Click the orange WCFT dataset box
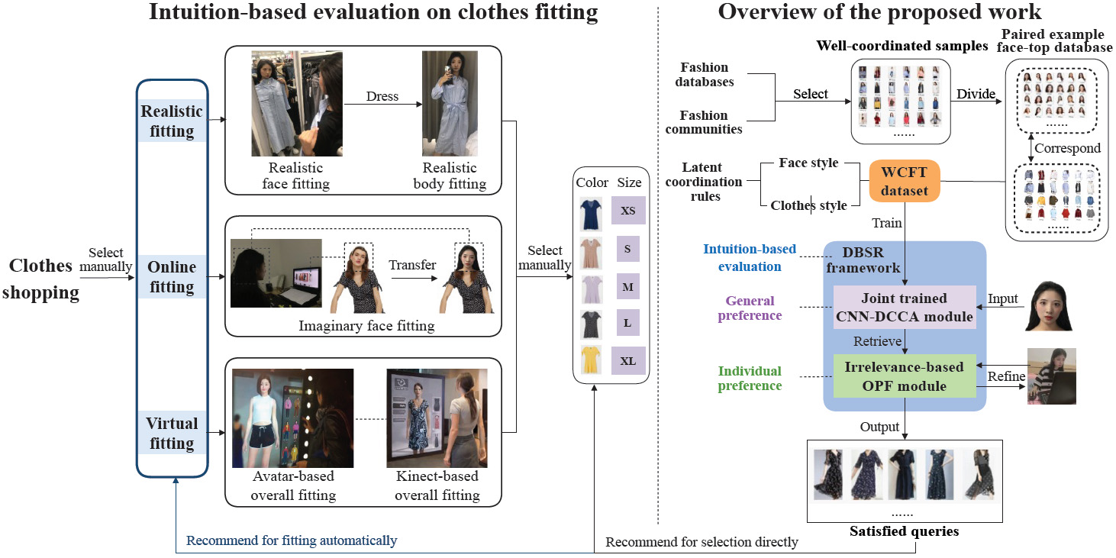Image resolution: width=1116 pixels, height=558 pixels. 905,181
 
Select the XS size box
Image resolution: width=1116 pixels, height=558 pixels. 628,210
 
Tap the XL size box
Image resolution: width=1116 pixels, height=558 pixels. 628,361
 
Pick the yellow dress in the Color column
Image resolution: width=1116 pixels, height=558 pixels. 591,360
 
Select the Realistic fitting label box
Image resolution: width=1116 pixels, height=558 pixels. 172,121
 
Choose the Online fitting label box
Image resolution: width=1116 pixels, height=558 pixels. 172,276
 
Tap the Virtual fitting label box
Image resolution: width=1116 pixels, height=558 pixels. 172,433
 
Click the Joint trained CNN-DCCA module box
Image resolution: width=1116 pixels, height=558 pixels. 905,307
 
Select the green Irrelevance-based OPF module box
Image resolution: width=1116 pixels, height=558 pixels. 905,376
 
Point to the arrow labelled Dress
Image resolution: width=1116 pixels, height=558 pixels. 383,104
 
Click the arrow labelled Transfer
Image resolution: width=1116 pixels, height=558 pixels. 414,278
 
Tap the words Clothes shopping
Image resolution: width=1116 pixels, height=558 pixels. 40,279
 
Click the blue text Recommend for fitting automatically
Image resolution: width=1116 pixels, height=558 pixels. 292,540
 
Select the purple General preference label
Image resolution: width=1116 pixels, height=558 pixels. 750,308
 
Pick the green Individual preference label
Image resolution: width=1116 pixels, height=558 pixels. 750,378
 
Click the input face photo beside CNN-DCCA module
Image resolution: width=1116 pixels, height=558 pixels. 1048,306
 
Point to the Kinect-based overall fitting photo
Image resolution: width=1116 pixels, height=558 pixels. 437,418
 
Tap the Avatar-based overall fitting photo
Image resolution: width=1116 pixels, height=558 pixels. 293,418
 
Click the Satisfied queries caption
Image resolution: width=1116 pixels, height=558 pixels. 904,531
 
